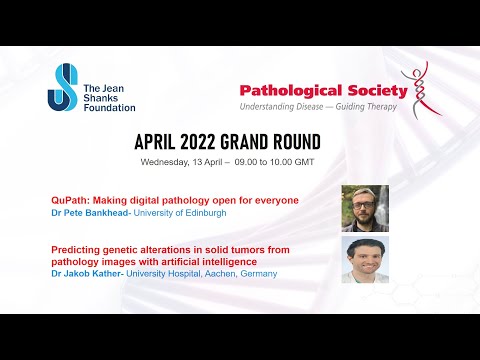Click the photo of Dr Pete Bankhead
tap(364, 208)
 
